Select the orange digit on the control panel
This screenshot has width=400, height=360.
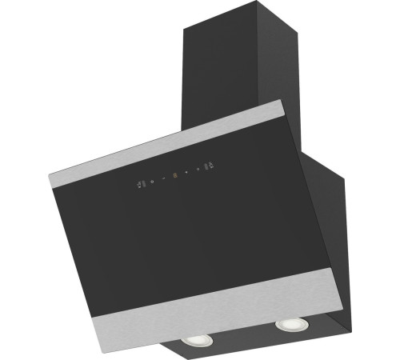coord(174,174)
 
